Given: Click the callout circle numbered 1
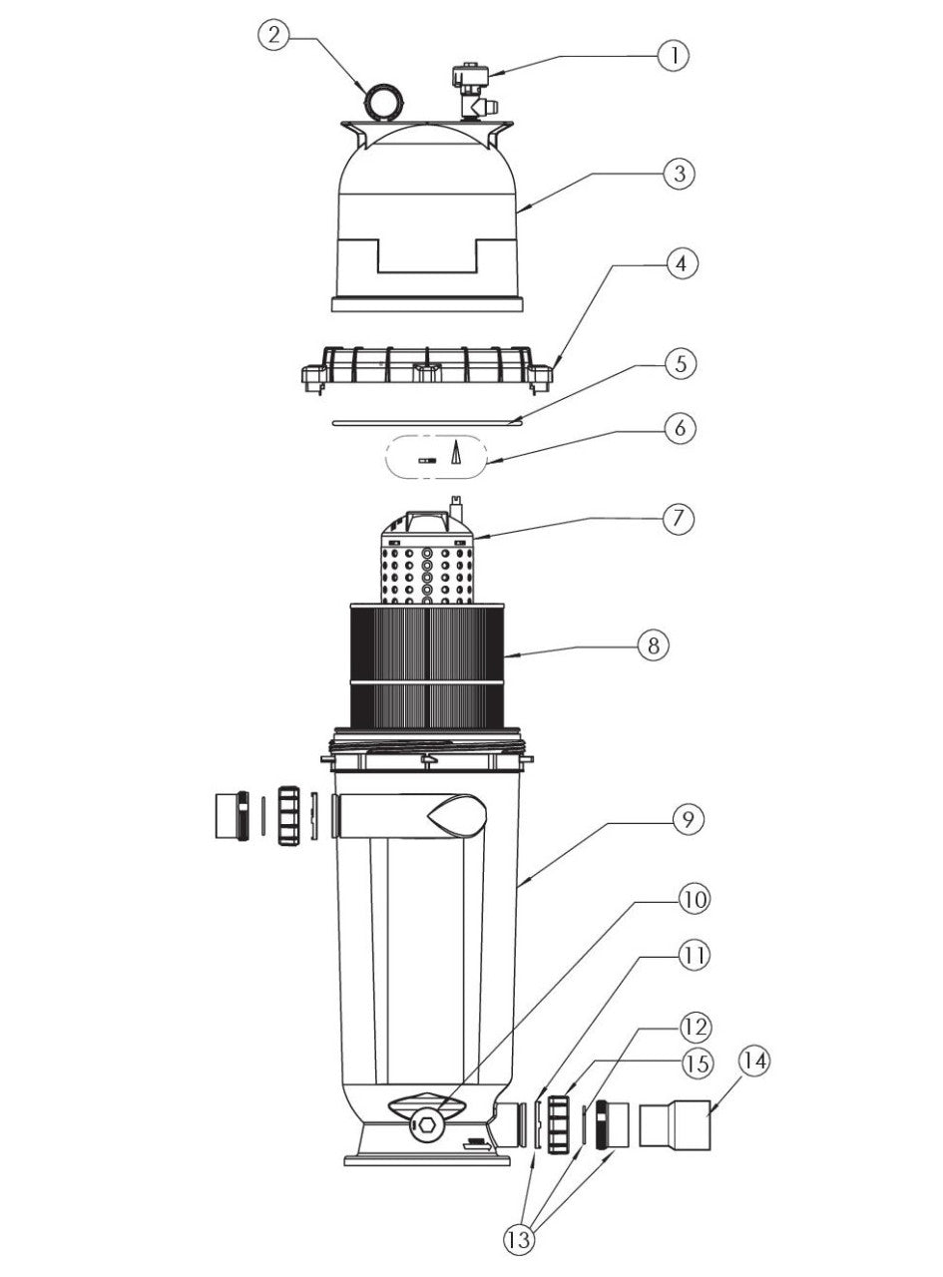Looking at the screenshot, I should click(x=674, y=54).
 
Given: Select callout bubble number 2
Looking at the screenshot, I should click(x=274, y=37).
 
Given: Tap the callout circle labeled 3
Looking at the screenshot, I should click(x=679, y=173).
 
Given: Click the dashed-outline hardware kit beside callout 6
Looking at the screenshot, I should click(x=436, y=458).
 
